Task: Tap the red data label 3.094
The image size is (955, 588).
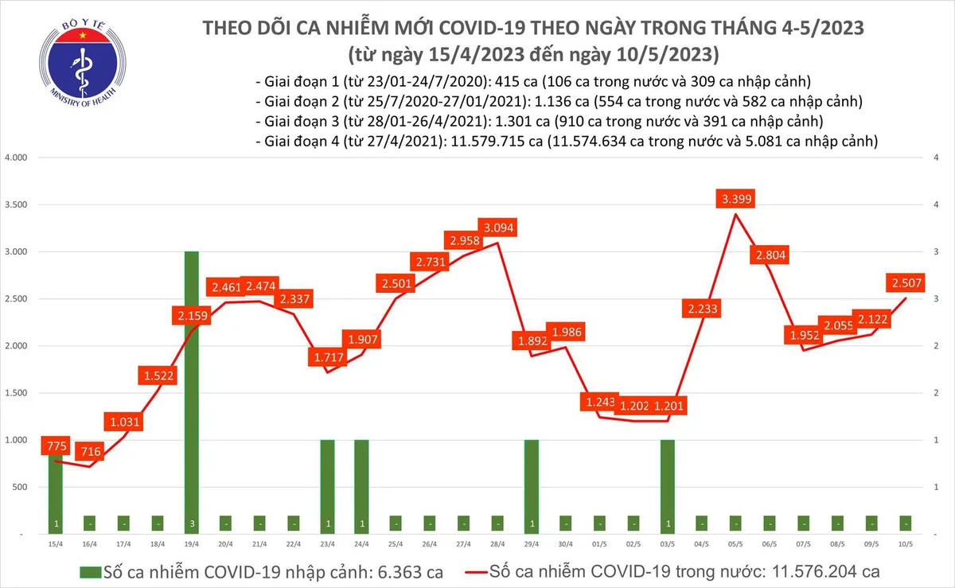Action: point(498,227)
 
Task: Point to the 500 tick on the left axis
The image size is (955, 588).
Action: point(20,488)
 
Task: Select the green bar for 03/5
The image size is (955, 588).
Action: point(667,485)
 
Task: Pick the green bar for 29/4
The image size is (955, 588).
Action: point(532,485)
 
